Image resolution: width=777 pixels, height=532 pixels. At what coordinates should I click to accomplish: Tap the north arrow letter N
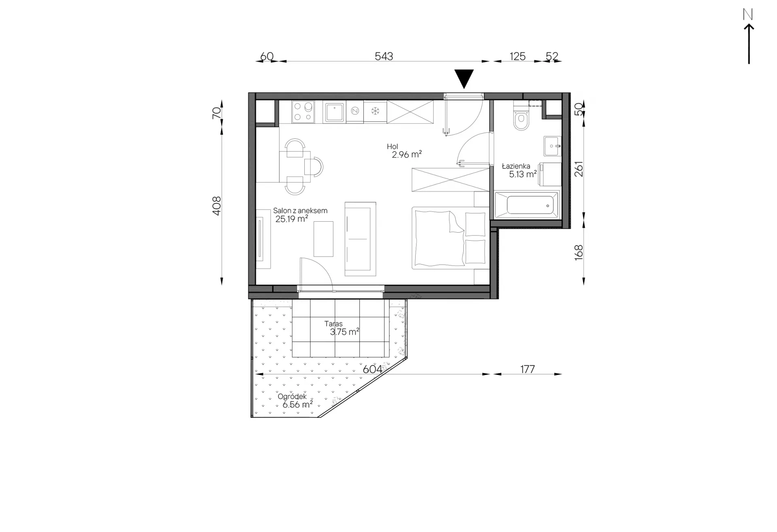coord(748,15)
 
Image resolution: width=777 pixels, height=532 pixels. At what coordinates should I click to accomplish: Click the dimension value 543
coord(384,56)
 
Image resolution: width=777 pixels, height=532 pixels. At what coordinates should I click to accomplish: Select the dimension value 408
coord(217,206)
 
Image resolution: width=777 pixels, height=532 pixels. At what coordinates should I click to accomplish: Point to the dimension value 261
coord(579,169)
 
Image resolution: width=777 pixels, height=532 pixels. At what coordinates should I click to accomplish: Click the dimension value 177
coord(527,369)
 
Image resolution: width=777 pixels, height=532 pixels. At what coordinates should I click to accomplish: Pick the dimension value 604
coord(372,369)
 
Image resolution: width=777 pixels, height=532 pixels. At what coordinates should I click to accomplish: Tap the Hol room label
coord(392,146)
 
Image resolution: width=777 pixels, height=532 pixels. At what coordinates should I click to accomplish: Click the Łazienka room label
coord(516,166)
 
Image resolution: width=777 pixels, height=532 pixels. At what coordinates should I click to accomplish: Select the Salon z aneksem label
coord(300,210)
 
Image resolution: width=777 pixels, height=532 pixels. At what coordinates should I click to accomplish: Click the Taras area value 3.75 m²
coord(344,332)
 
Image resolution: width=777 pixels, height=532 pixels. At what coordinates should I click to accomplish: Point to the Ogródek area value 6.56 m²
coord(297,404)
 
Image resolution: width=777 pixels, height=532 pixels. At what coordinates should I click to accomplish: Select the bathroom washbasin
coord(552,146)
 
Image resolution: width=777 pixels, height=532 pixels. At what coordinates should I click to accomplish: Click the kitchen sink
coord(334,112)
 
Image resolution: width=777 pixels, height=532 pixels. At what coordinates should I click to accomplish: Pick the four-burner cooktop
coord(303,112)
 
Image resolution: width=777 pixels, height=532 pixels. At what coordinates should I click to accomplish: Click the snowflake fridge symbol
coord(375,111)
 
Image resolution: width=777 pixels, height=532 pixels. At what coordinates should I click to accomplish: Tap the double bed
coord(449,238)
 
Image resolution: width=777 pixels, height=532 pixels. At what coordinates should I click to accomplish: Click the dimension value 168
coord(579,252)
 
